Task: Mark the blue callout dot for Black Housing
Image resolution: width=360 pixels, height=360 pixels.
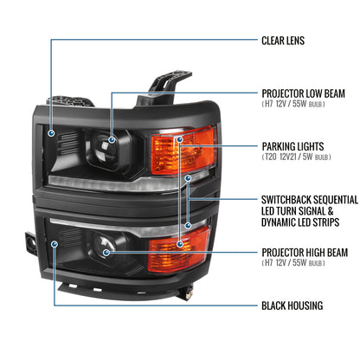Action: point(53,245)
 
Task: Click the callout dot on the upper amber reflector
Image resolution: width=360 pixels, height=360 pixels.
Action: point(179,138)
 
